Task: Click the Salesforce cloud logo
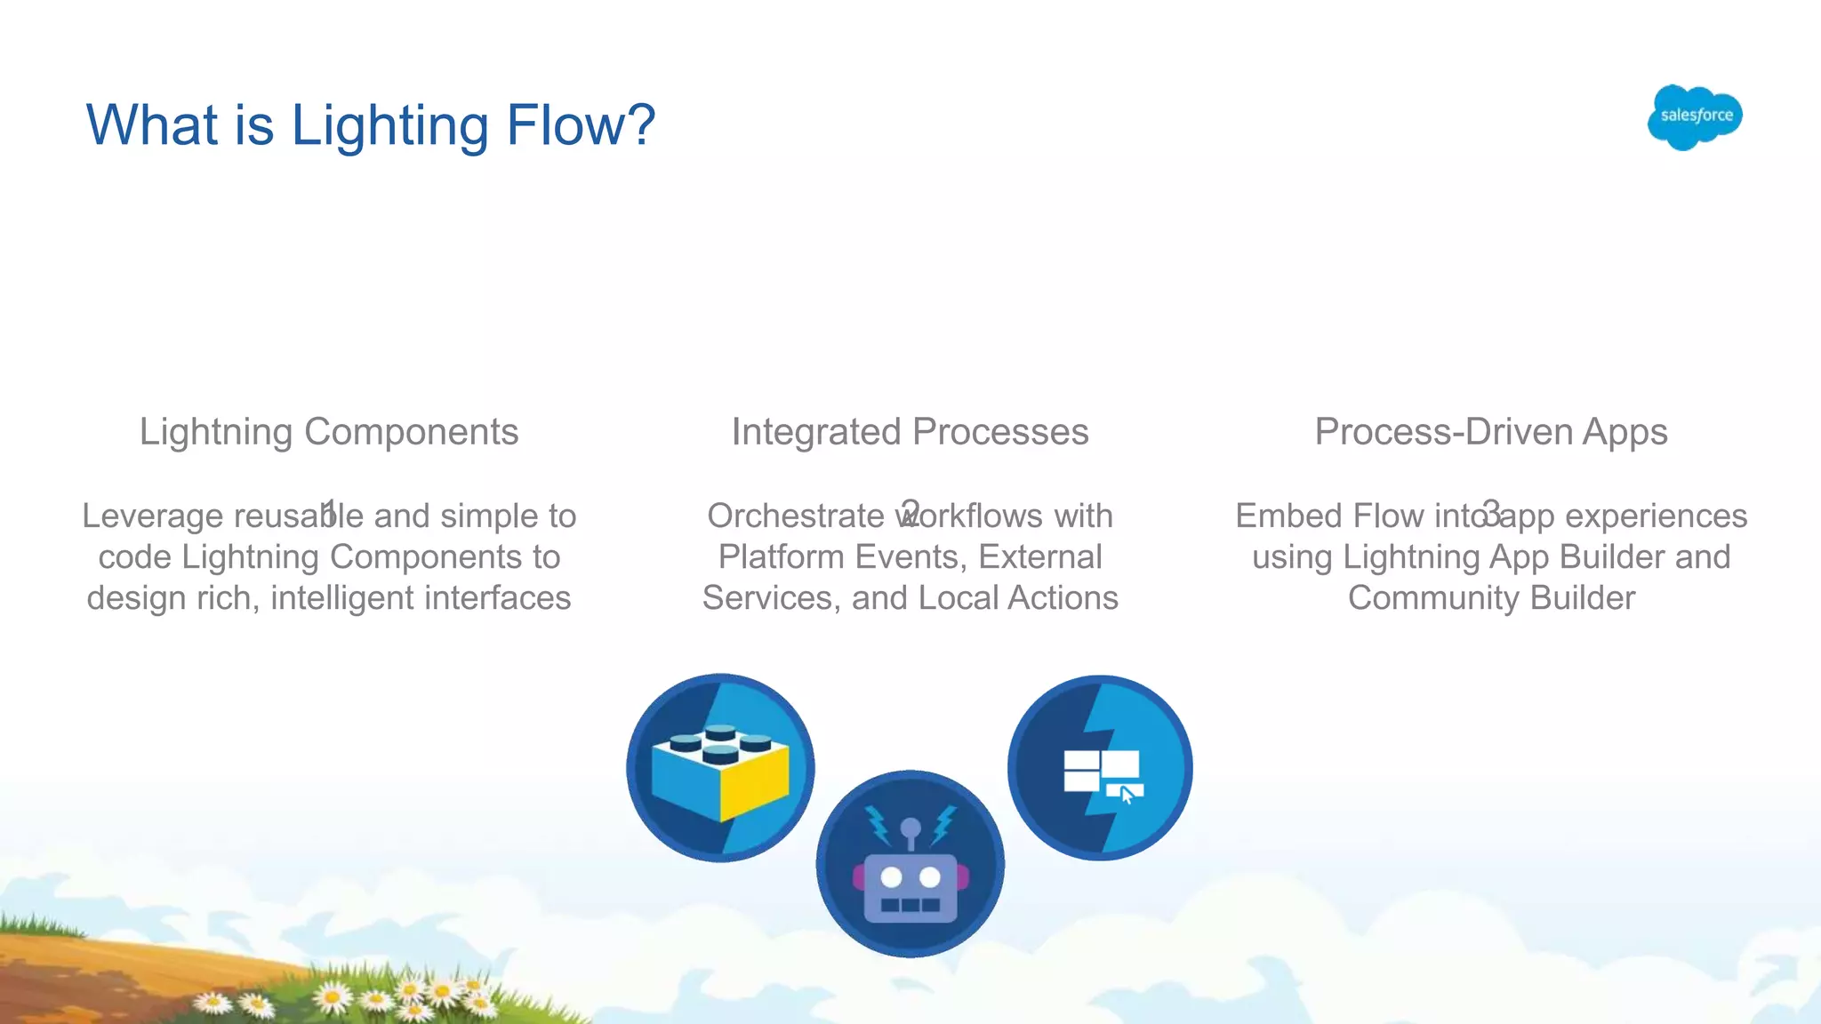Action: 1695,116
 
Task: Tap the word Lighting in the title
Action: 389,125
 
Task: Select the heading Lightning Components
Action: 329,432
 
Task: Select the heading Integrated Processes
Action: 910,432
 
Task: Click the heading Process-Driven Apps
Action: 1491,432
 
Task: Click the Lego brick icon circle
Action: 720,767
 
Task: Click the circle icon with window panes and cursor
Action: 1101,767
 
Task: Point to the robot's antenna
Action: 910,830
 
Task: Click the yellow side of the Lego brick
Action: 756,782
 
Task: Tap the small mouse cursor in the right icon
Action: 1127,795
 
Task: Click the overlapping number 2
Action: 910,513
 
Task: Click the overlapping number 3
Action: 1491,513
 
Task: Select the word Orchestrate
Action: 794,516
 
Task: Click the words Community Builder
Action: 1491,598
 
